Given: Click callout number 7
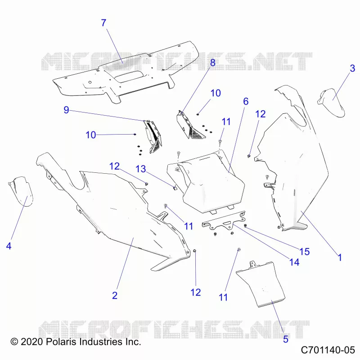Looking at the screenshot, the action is (104, 23).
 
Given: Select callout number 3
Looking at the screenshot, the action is (352, 68).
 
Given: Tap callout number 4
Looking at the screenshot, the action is (9, 246).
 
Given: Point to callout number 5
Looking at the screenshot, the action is (286, 339).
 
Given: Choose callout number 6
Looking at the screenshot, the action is (246, 101).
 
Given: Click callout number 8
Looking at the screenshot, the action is (213, 63).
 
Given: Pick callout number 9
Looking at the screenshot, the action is (66, 110).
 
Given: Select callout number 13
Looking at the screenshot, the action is (141, 169).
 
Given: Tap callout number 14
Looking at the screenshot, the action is (294, 262).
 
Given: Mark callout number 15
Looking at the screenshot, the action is (305, 252).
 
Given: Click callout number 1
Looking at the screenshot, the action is (340, 257).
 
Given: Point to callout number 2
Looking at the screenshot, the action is (115, 295).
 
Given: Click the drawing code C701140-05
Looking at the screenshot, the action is (328, 350).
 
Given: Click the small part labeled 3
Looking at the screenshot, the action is (331, 103).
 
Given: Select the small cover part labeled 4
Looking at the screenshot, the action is (21, 191).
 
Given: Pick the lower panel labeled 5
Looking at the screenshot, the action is (261, 284).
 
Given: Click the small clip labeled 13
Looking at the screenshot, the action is (175, 188).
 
